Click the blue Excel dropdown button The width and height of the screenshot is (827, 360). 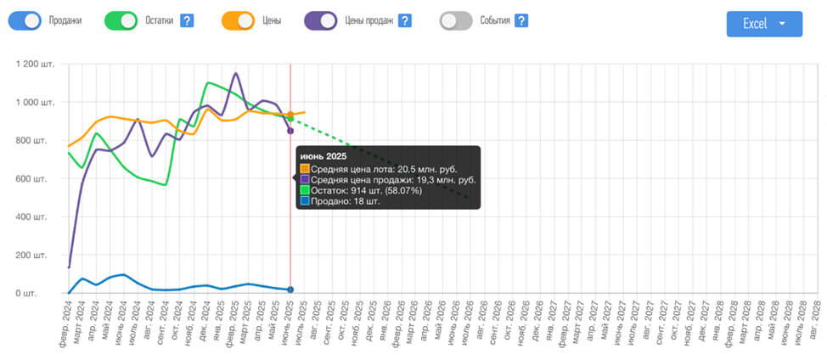(x=764, y=24)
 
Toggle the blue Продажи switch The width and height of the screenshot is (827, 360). (x=25, y=20)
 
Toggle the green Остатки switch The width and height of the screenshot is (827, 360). (x=122, y=20)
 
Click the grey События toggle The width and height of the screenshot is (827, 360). (x=457, y=20)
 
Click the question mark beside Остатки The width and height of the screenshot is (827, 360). (x=188, y=20)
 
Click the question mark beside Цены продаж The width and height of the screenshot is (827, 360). (x=405, y=20)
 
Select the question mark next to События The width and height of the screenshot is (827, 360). (x=521, y=20)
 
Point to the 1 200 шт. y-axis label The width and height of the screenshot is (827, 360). (x=37, y=65)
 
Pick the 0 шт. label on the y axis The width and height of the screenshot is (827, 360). (x=46, y=294)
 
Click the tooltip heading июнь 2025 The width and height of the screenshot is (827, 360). (x=322, y=157)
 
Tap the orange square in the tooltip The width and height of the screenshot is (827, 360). (x=305, y=169)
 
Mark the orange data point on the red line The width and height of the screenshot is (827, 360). (x=290, y=115)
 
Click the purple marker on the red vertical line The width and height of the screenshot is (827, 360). (x=290, y=131)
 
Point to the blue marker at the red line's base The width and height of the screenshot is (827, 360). (x=290, y=290)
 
